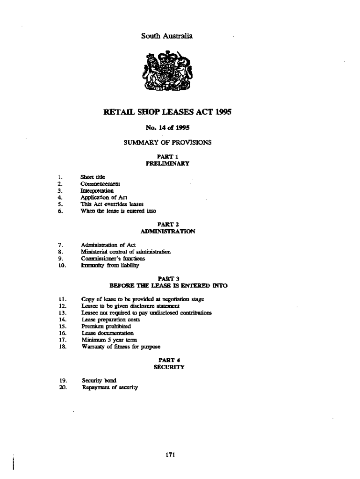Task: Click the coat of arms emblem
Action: point(168,73)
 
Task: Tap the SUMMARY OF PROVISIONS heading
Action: point(167,142)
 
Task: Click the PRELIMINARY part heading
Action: point(167,164)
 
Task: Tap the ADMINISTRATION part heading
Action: point(168,232)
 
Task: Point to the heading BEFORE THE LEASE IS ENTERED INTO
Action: point(168,285)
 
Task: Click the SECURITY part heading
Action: point(169,367)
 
